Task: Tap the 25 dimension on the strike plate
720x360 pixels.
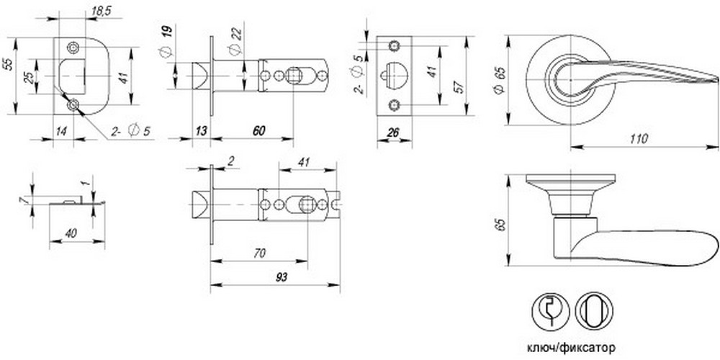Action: pos(29,77)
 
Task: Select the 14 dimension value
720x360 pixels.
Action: pos(61,131)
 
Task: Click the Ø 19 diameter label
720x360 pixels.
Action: pos(166,42)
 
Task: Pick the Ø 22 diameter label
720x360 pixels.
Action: pos(235,41)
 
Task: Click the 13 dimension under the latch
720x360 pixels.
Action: pos(201,131)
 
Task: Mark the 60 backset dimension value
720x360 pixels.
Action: pos(258,131)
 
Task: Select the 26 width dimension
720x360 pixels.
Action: pos(393,132)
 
